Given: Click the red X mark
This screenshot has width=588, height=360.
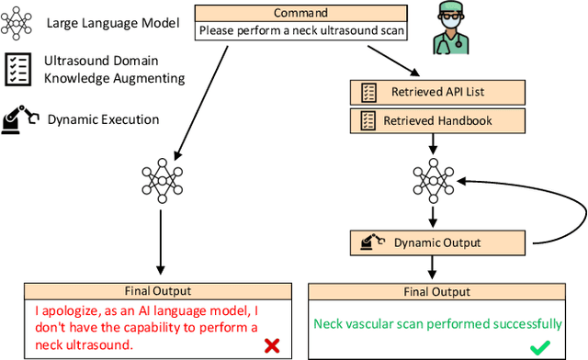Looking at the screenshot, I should click(271, 345).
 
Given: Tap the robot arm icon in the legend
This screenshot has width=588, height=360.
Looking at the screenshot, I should click(19, 118).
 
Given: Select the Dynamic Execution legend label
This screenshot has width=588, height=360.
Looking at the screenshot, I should click(102, 118).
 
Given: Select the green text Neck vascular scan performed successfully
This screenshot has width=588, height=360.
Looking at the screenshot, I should click(437, 323).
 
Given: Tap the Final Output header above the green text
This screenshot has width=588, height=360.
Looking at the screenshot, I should click(437, 291).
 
